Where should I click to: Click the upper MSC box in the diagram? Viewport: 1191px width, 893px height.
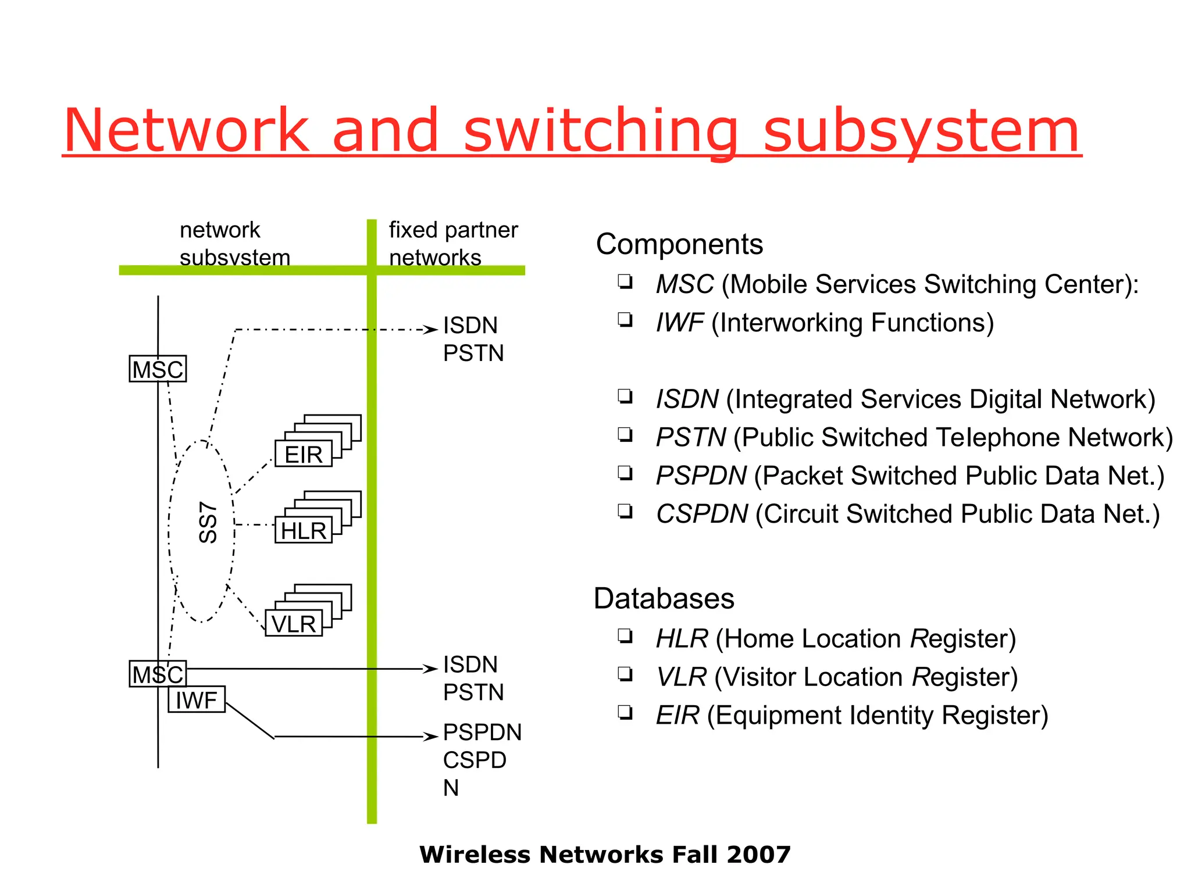pos(158,369)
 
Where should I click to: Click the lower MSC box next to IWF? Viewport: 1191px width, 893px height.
pos(158,674)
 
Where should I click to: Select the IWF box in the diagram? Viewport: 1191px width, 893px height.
pos(197,700)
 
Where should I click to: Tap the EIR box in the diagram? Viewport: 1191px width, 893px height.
pos(303,454)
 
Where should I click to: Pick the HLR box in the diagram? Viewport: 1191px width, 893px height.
pos(303,531)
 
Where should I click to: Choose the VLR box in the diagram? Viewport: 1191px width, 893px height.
pos(294,624)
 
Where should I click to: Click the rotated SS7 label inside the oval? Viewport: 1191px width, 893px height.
pos(208,522)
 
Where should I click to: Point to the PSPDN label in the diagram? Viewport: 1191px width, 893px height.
pos(482,733)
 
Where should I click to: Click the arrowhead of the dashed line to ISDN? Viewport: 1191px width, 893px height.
pos(431,330)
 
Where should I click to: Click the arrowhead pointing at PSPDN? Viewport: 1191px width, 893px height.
pos(431,737)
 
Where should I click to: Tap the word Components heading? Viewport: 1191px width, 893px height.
pos(679,244)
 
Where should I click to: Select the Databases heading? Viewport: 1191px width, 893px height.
pos(664,599)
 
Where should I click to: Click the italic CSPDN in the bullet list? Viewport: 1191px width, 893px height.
pos(701,514)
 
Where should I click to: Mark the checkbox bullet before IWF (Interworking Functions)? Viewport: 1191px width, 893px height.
pos(625,320)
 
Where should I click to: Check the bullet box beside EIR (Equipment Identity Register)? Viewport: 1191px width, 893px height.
pos(625,712)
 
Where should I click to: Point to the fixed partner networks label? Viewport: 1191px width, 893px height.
pos(452,244)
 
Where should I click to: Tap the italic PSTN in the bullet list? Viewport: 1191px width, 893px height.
pos(690,437)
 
